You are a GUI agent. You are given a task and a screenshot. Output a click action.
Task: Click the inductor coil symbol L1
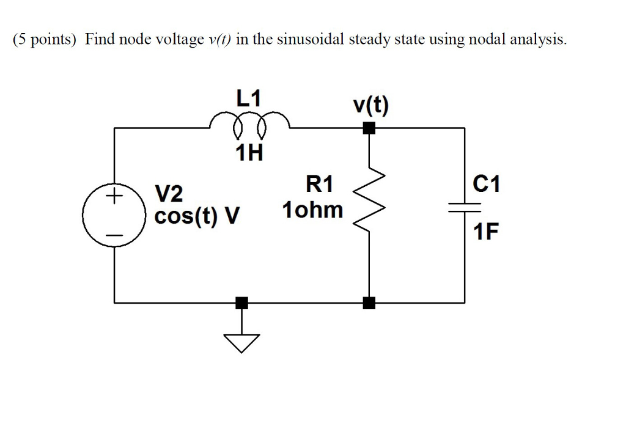pyautogui.click(x=249, y=125)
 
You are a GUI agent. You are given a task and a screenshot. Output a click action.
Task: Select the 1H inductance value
pyautogui.click(x=249, y=153)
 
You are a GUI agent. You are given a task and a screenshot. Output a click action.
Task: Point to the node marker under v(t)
pyautogui.click(x=369, y=128)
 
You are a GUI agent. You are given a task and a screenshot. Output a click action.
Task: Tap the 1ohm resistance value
pyautogui.click(x=312, y=211)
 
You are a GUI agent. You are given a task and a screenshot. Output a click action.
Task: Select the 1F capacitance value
pyautogui.click(x=486, y=233)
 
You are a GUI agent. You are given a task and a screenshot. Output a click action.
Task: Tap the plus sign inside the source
pyautogui.click(x=114, y=197)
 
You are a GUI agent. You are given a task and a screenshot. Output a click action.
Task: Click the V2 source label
pyautogui.click(x=169, y=194)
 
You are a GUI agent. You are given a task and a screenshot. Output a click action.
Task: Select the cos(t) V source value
pyautogui.click(x=197, y=216)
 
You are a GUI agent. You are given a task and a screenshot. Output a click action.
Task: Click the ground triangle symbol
pyautogui.click(x=242, y=343)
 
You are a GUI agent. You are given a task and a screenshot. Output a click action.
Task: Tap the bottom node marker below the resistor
pyautogui.click(x=369, y=302)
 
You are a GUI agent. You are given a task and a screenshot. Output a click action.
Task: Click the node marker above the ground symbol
pyautogui.click(x=242, y=302)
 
